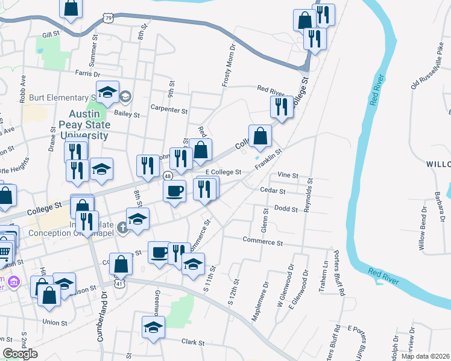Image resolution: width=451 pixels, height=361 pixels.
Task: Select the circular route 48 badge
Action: click(x=167, y=176)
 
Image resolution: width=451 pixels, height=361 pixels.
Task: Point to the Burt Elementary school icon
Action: click(x=125, y=96)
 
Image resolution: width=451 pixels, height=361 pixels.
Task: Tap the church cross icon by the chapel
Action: click(x=122, y=227)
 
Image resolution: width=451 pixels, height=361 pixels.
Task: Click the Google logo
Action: click(x=20, y=354)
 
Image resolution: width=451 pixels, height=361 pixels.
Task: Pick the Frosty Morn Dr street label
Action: click(x=229, y=66)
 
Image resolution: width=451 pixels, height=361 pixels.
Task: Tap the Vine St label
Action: click(x=288, y=175)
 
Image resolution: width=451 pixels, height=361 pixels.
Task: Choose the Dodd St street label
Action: click(x=286, y=209)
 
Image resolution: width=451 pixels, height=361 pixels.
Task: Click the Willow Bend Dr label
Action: click(x=421, y=232)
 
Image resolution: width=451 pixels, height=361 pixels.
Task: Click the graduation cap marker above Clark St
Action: click(x=153, y=328)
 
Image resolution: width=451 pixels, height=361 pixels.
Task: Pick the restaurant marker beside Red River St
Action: click(x=282, y=107)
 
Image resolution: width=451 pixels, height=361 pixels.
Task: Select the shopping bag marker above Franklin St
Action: click(x=260, y=137)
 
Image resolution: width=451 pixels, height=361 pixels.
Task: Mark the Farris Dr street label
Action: click(x=87, y=73)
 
